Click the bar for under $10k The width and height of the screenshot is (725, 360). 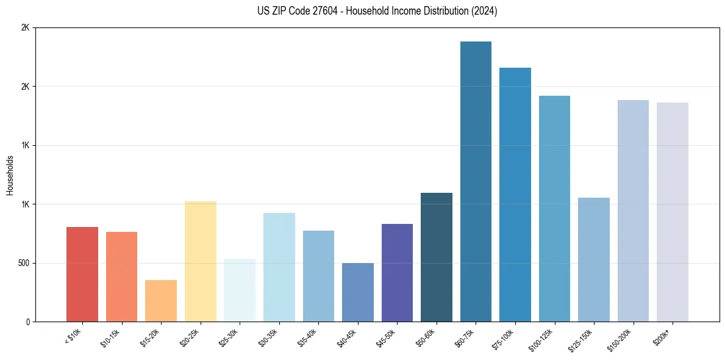pos(82,275)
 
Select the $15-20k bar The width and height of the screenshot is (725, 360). pos(161,301)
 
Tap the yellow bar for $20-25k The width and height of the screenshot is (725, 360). pos(201,262)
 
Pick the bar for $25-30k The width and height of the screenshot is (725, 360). pos(240,290)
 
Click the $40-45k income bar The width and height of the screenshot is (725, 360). pos(358,292)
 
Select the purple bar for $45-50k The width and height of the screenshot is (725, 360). pos(397,273)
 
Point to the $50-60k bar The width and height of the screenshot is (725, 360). pos(437,257)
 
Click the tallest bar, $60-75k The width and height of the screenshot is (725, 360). pos(476,182)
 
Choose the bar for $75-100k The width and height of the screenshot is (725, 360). pos(515,195)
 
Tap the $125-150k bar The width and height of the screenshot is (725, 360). pos(594,260)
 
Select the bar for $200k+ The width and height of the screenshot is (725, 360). pos(673,212)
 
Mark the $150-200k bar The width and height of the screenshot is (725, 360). pos(633,211)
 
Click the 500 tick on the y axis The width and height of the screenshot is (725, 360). pos(24,263)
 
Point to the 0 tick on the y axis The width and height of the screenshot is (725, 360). pos(28,322)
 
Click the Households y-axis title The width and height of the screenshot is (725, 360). pos(10,175)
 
